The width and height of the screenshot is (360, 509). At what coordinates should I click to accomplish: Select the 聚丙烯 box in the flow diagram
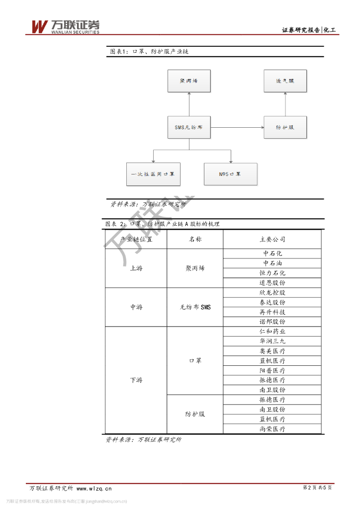coord(189,81)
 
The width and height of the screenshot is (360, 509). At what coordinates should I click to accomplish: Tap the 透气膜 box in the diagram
coord(285,81)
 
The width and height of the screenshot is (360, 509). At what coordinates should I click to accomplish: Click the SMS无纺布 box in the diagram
coord(189,127)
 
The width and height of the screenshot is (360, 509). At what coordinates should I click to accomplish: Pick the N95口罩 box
coord(230,174)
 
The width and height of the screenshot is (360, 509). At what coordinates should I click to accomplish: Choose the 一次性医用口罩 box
coord(153,174)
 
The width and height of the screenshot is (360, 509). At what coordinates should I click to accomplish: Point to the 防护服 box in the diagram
coord(285,127)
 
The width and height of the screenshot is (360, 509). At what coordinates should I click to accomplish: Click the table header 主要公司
coord(272,240)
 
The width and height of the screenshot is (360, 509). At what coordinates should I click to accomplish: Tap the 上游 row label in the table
coord(136,268)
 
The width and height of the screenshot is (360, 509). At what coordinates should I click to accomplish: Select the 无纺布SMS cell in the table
coord(195,307)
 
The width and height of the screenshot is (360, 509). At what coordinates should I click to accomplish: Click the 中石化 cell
coord(272,254)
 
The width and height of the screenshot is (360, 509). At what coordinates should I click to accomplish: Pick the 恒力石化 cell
coord(272,273)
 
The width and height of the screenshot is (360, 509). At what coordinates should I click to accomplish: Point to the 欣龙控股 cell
coord(272,293)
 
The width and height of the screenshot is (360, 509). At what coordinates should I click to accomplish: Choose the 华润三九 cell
coord(272,341)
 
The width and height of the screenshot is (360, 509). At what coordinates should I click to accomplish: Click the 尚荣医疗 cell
coord(272,429)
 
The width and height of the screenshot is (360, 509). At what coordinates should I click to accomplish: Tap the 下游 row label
coord(136,380)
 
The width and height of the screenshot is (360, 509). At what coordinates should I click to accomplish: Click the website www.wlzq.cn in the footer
coord(94,488)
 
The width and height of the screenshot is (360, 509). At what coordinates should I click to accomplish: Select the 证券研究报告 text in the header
coord(301,30)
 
